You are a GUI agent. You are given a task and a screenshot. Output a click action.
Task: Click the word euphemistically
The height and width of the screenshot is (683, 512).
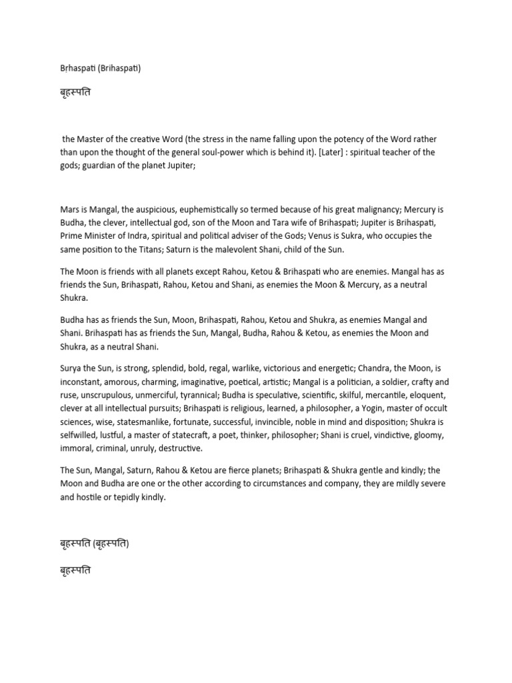point(214,209)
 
